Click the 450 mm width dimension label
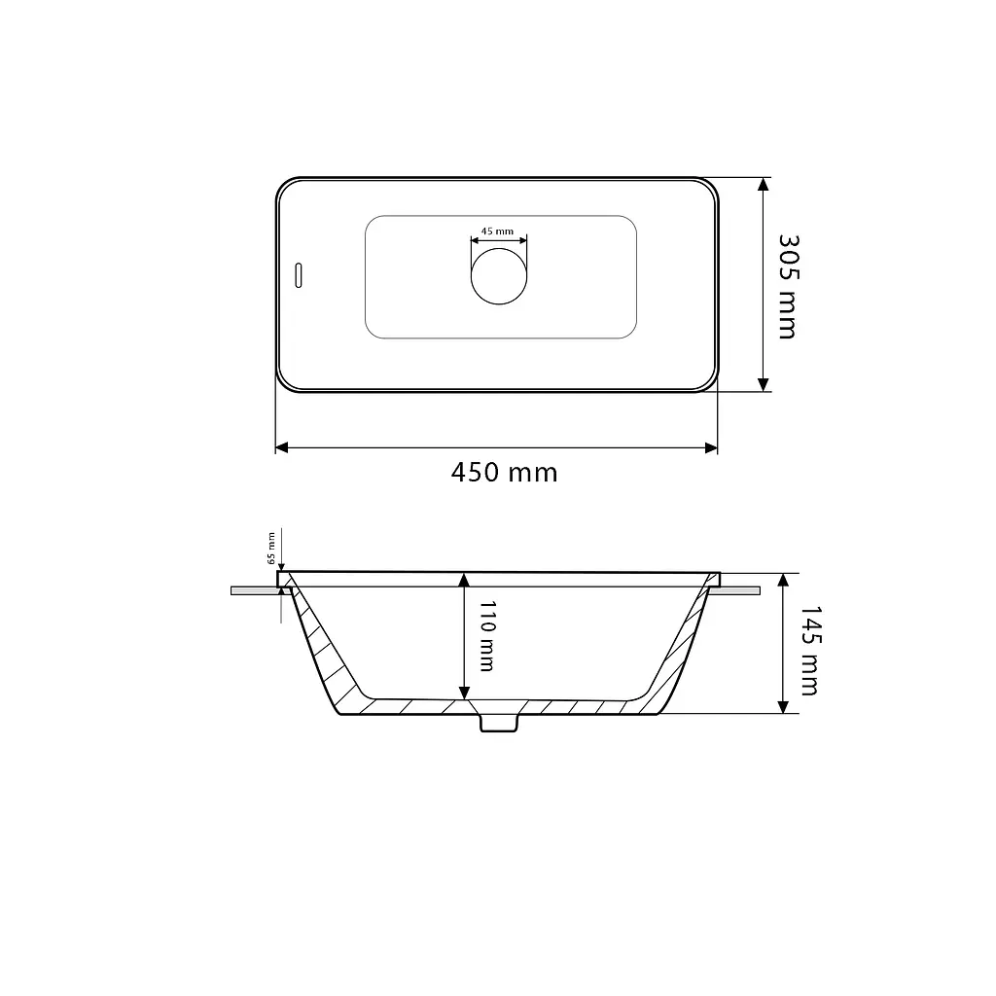click(x=505, y=473)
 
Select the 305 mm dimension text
click(x=788, y=287)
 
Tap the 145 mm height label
click(x=809, y=651)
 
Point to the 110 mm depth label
click(x=486, y=636)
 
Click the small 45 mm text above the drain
click(x=497, y=231)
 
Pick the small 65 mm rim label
click(x=272, y=549)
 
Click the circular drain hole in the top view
click(x=499, y=276)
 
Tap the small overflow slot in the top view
click(x=299, y=275)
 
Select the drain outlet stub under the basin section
click(x=499, y=723)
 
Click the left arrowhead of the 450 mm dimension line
click(x=281, y=447)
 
